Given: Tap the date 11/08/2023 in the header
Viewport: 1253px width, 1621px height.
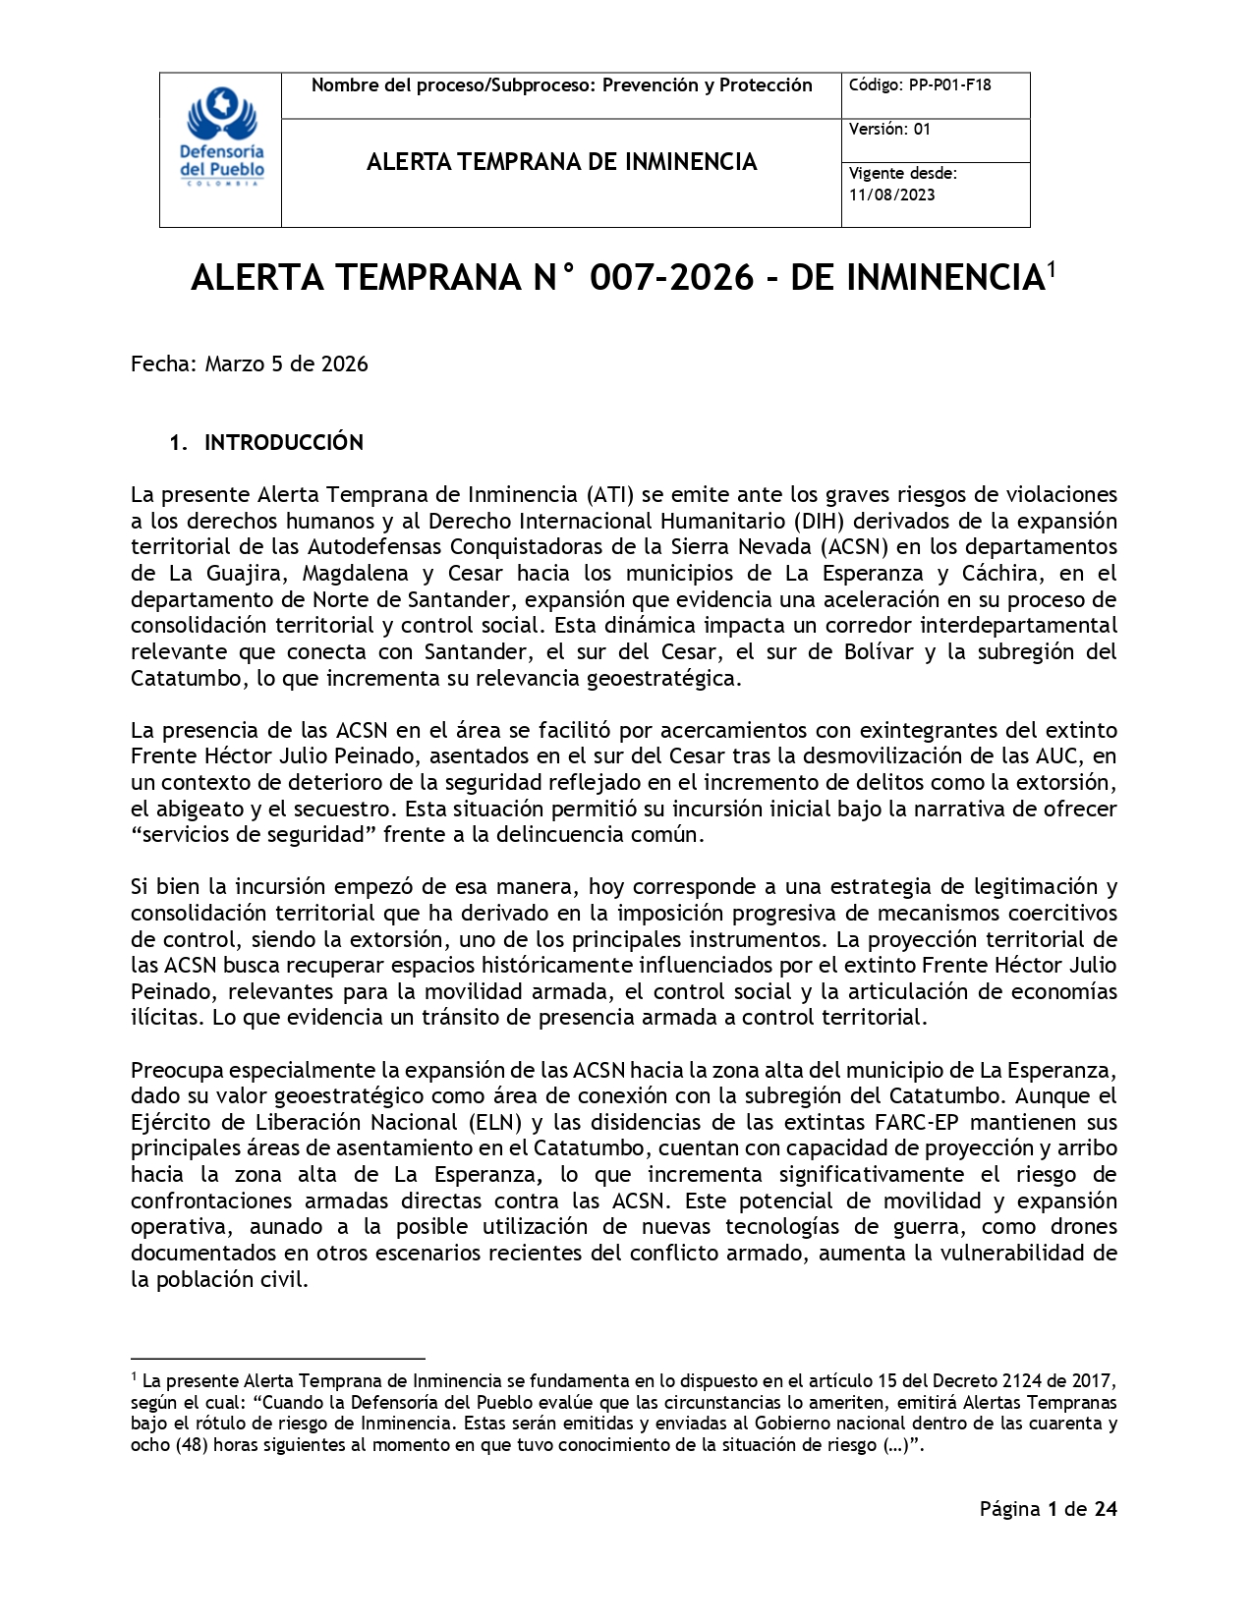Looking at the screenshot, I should tap(891, 195).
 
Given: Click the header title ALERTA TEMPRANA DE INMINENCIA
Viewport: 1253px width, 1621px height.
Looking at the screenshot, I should tap(561, 162).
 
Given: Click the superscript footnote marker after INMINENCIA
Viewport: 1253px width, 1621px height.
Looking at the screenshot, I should tap(1051, 268).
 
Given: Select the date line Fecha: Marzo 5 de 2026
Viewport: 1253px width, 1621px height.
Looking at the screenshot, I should tap(250, 364).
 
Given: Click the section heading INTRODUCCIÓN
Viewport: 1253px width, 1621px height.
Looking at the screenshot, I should tap(283, 443).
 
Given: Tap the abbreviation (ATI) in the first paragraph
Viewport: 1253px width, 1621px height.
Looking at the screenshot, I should tap(610, 494).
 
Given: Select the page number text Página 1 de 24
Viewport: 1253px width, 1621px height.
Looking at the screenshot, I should tap(1048, 1509).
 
